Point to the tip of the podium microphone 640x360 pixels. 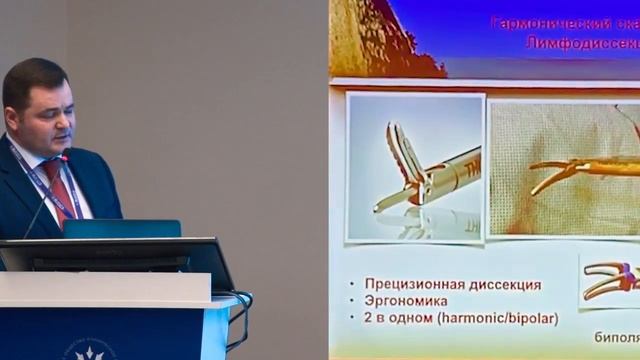(x=65, y=158)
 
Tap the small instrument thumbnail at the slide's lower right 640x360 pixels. (x=609, y=281)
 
